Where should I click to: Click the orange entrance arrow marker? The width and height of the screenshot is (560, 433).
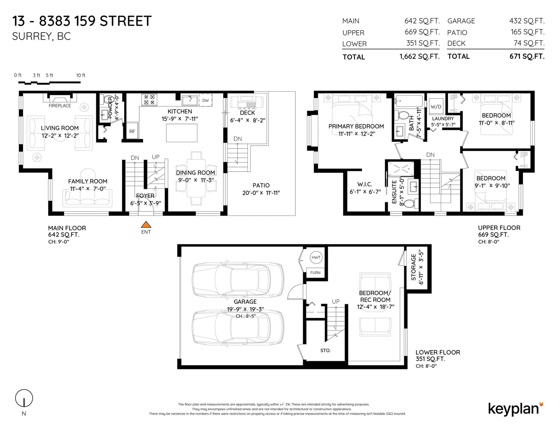146,224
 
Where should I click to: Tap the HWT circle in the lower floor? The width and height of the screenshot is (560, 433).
316,257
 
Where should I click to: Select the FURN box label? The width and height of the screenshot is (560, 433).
315,273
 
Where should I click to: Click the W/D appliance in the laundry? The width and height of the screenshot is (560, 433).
436,106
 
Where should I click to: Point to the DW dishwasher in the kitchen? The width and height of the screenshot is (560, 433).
205,100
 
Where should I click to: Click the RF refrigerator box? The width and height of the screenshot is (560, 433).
132,131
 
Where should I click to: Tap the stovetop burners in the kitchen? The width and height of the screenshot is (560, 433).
149,100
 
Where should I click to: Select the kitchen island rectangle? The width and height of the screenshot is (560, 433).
182,133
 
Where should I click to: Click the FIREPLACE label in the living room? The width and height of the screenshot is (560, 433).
60,106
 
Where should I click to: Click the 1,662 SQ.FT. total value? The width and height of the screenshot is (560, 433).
420,56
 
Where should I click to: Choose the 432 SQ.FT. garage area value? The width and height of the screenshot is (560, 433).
527,21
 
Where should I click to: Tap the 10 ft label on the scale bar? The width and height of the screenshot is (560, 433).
80,75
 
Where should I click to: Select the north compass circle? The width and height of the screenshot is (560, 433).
24,398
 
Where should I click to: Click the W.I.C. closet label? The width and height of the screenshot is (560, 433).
365,184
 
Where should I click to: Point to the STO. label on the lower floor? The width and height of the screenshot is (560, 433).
325,350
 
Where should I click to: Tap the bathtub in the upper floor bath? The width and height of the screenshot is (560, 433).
409,101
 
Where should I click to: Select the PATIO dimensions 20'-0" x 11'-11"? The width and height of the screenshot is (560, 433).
261,193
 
